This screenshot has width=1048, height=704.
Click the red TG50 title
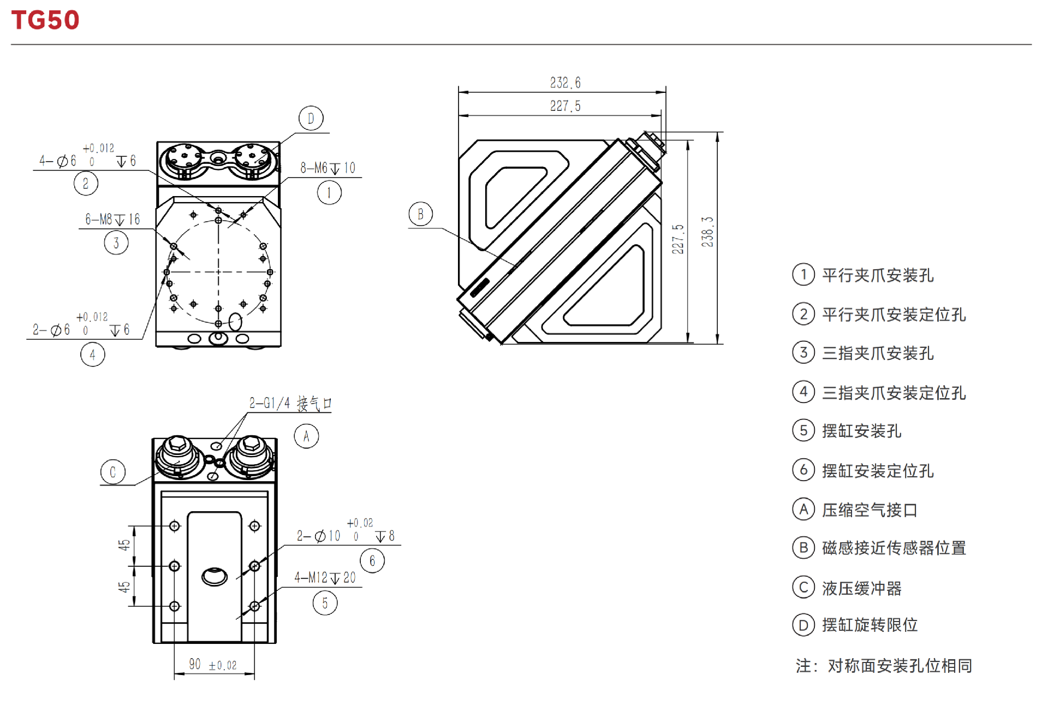(45, 20)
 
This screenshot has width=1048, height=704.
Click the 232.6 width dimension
(565, 83)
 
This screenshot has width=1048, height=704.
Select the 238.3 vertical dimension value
(707, 232)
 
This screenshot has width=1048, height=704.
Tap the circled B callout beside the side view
(420, 214)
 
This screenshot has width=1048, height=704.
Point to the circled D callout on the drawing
(311, 118)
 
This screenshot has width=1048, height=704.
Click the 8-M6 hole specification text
(327, 168)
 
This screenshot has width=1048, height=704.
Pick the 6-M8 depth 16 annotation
(112, 220)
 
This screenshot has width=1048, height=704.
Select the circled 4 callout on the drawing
(93, 355)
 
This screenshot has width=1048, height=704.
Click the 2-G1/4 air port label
(290, 404)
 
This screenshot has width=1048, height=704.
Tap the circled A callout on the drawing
(306, 436)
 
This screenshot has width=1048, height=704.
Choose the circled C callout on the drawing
(113, 472)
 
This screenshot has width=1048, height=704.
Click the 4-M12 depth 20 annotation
(325, 578)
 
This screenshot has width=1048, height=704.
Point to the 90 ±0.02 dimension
(213, 665)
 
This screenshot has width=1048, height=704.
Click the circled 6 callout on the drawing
(372, 561)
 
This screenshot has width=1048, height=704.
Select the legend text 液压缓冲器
(862, 588)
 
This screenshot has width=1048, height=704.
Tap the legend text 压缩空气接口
(870, 510)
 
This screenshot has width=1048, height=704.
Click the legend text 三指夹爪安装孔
(878, 353)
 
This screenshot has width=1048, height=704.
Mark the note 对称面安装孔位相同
(900, 666)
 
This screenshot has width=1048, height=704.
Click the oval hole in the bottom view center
(215, 577)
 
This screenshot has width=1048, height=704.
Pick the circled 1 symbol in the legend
(803, 274)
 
